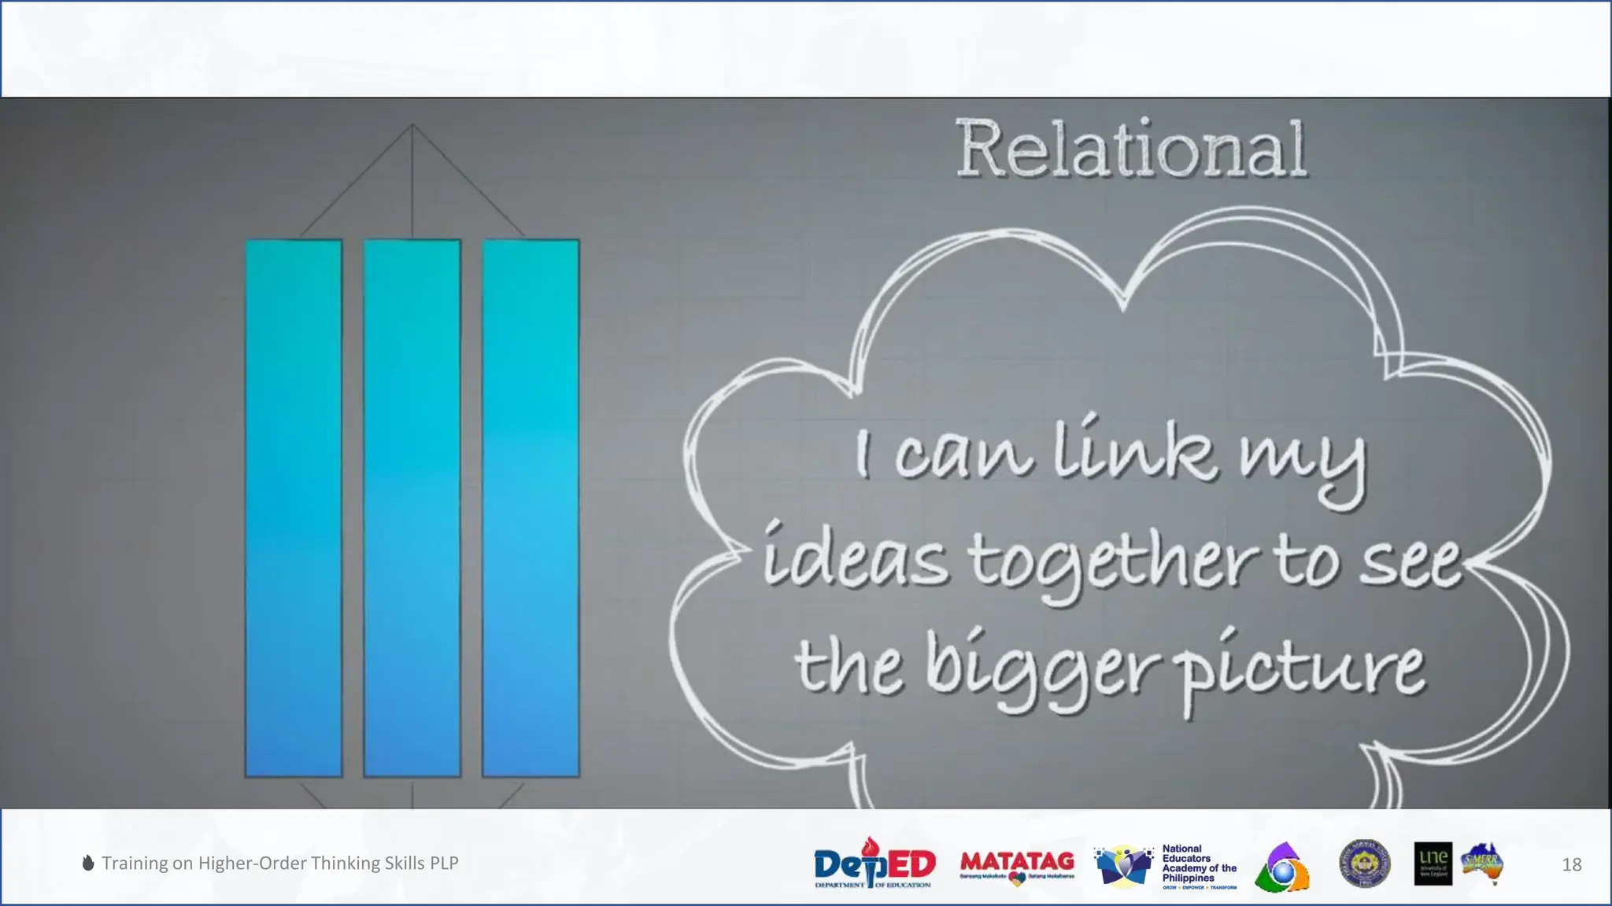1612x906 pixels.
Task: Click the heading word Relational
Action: coord(1131,149)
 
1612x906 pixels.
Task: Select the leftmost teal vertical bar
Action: coord(294,508)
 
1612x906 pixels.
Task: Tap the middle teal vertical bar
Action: coord(412,508)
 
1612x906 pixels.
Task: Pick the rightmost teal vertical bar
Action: coord(531,508)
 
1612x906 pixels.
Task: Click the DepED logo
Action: coord(874,864)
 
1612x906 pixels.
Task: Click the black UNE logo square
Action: coord(1433,864)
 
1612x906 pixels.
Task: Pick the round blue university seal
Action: coord(1365,864)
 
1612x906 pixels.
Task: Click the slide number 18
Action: coord(1571,864)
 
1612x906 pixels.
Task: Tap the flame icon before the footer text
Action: coord(88,863)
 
